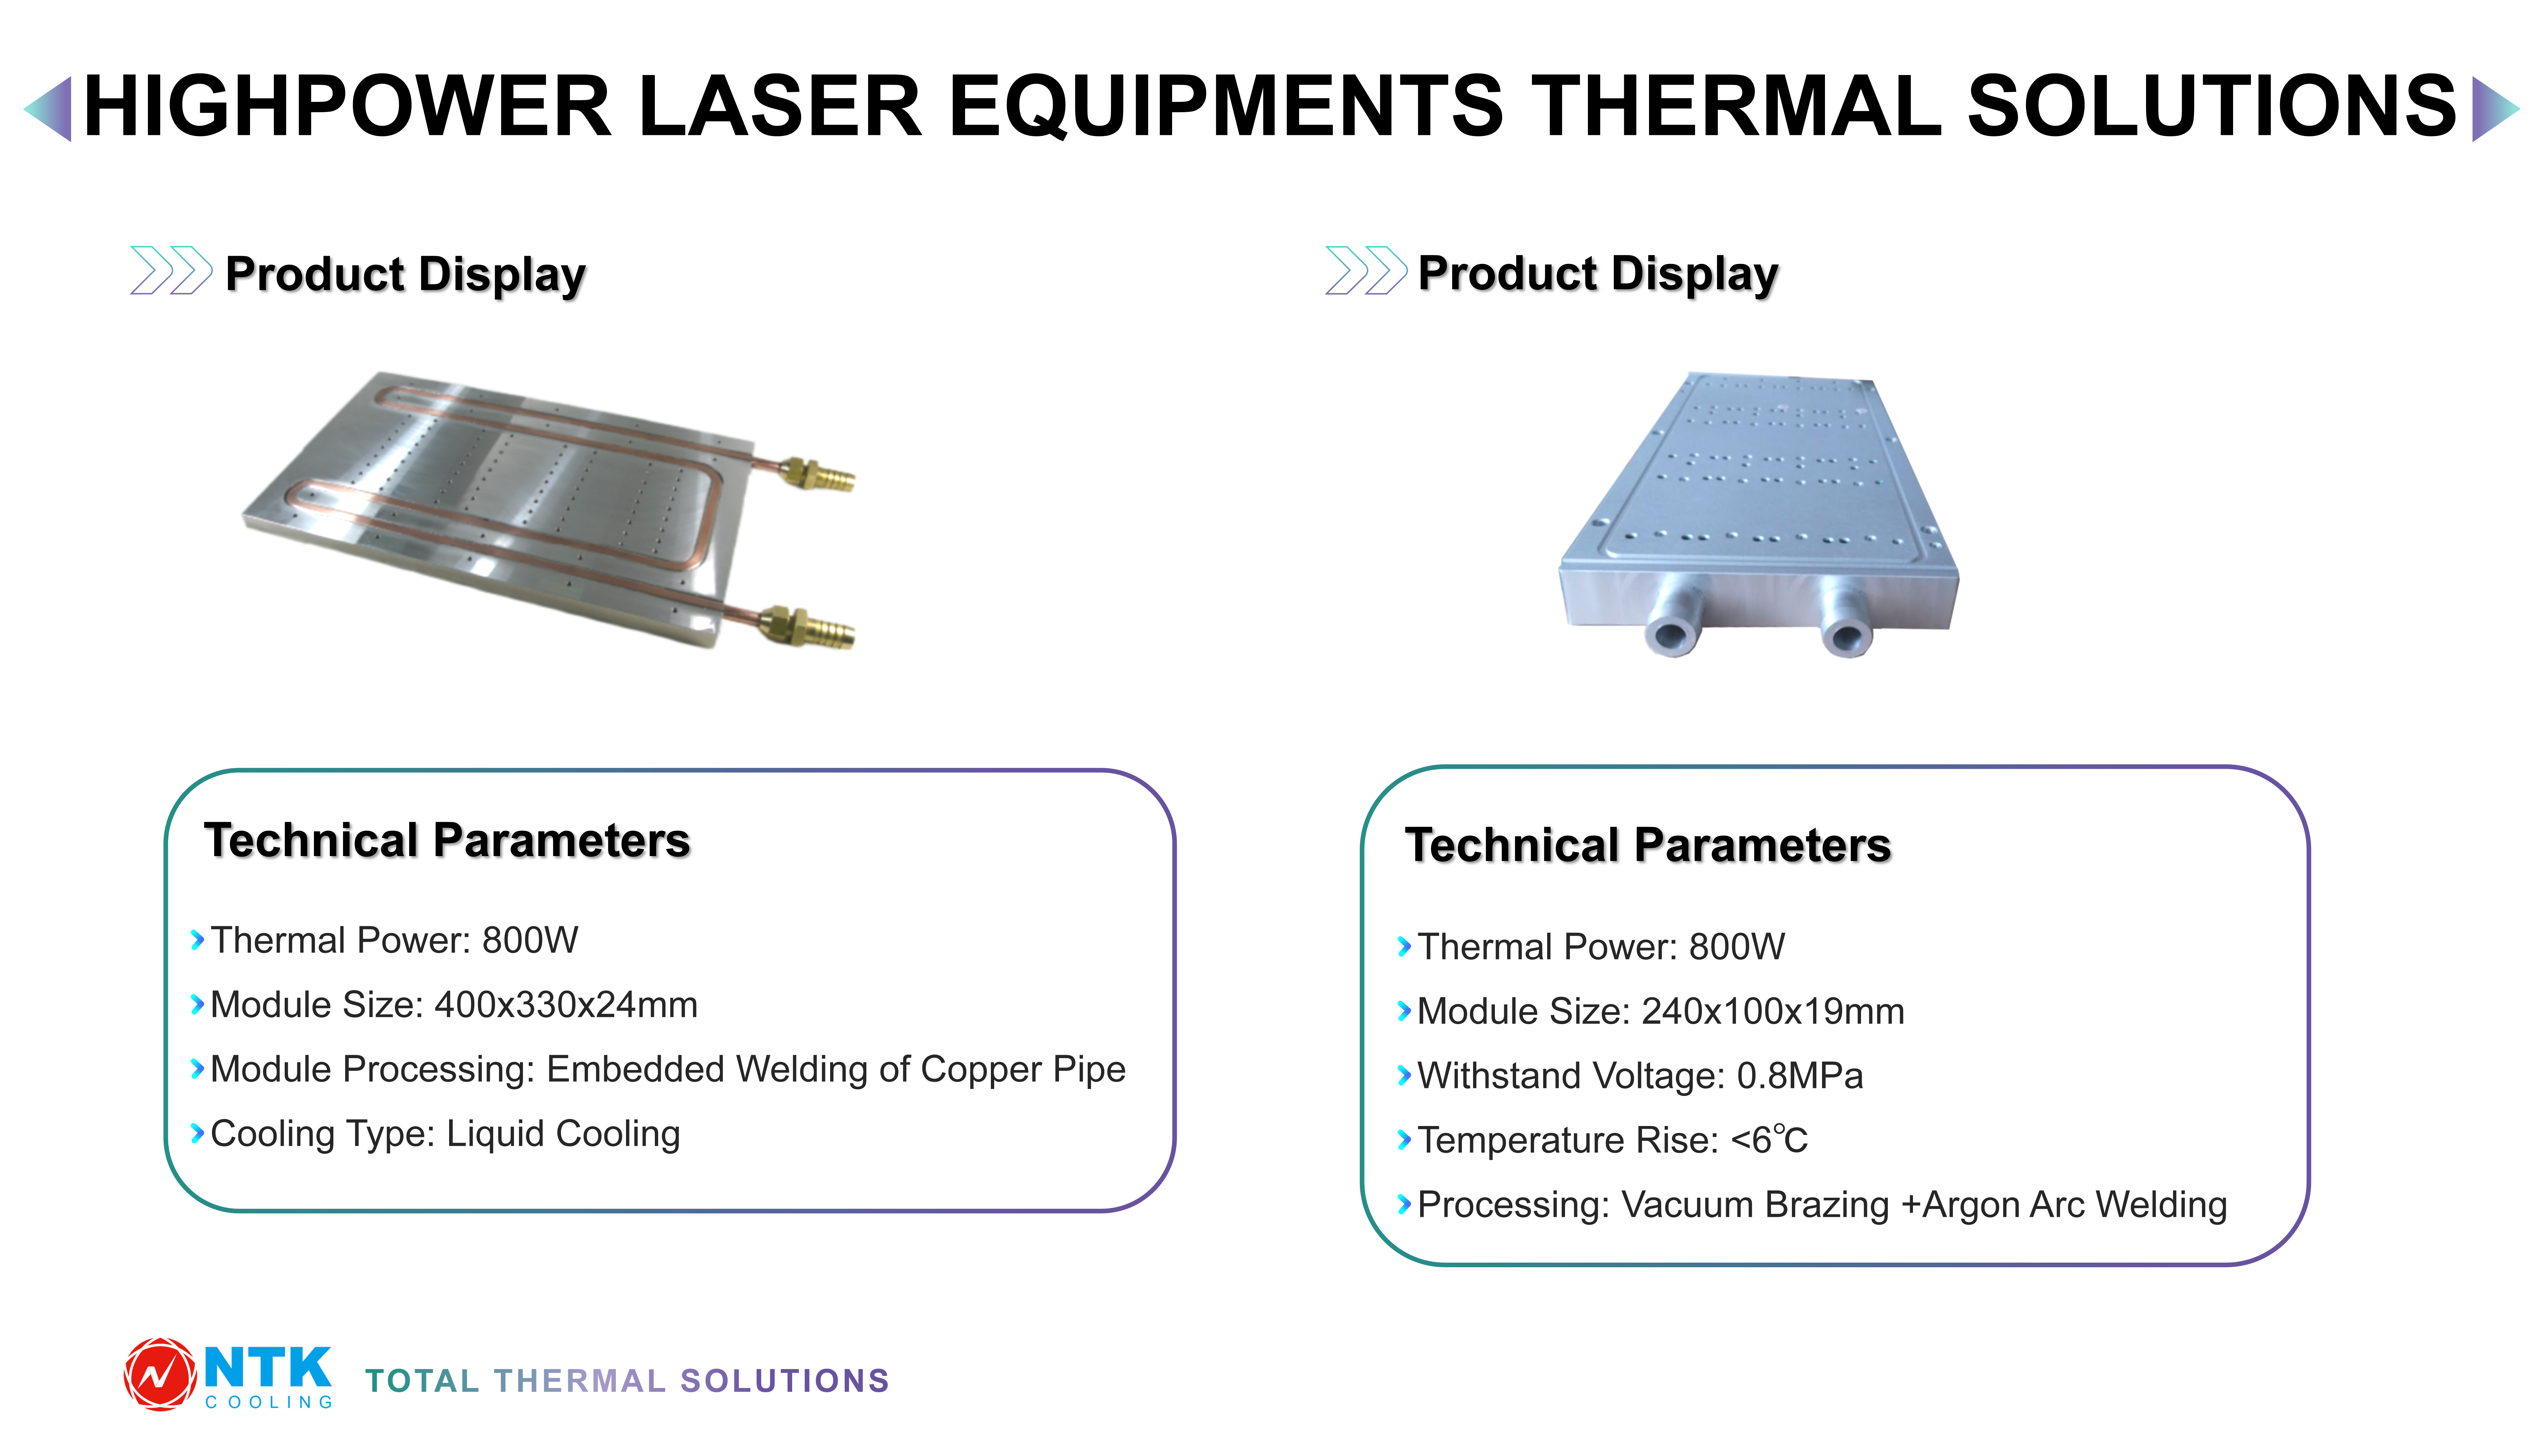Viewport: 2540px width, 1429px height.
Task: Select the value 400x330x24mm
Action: [566, 1005]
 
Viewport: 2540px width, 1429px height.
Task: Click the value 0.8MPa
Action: [1800, 1076]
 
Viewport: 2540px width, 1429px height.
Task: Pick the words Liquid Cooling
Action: [563, 1134]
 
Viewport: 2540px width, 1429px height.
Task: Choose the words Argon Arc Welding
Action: [2075, 1205]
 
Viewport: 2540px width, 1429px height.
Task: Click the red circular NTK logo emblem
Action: [159, 1374]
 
